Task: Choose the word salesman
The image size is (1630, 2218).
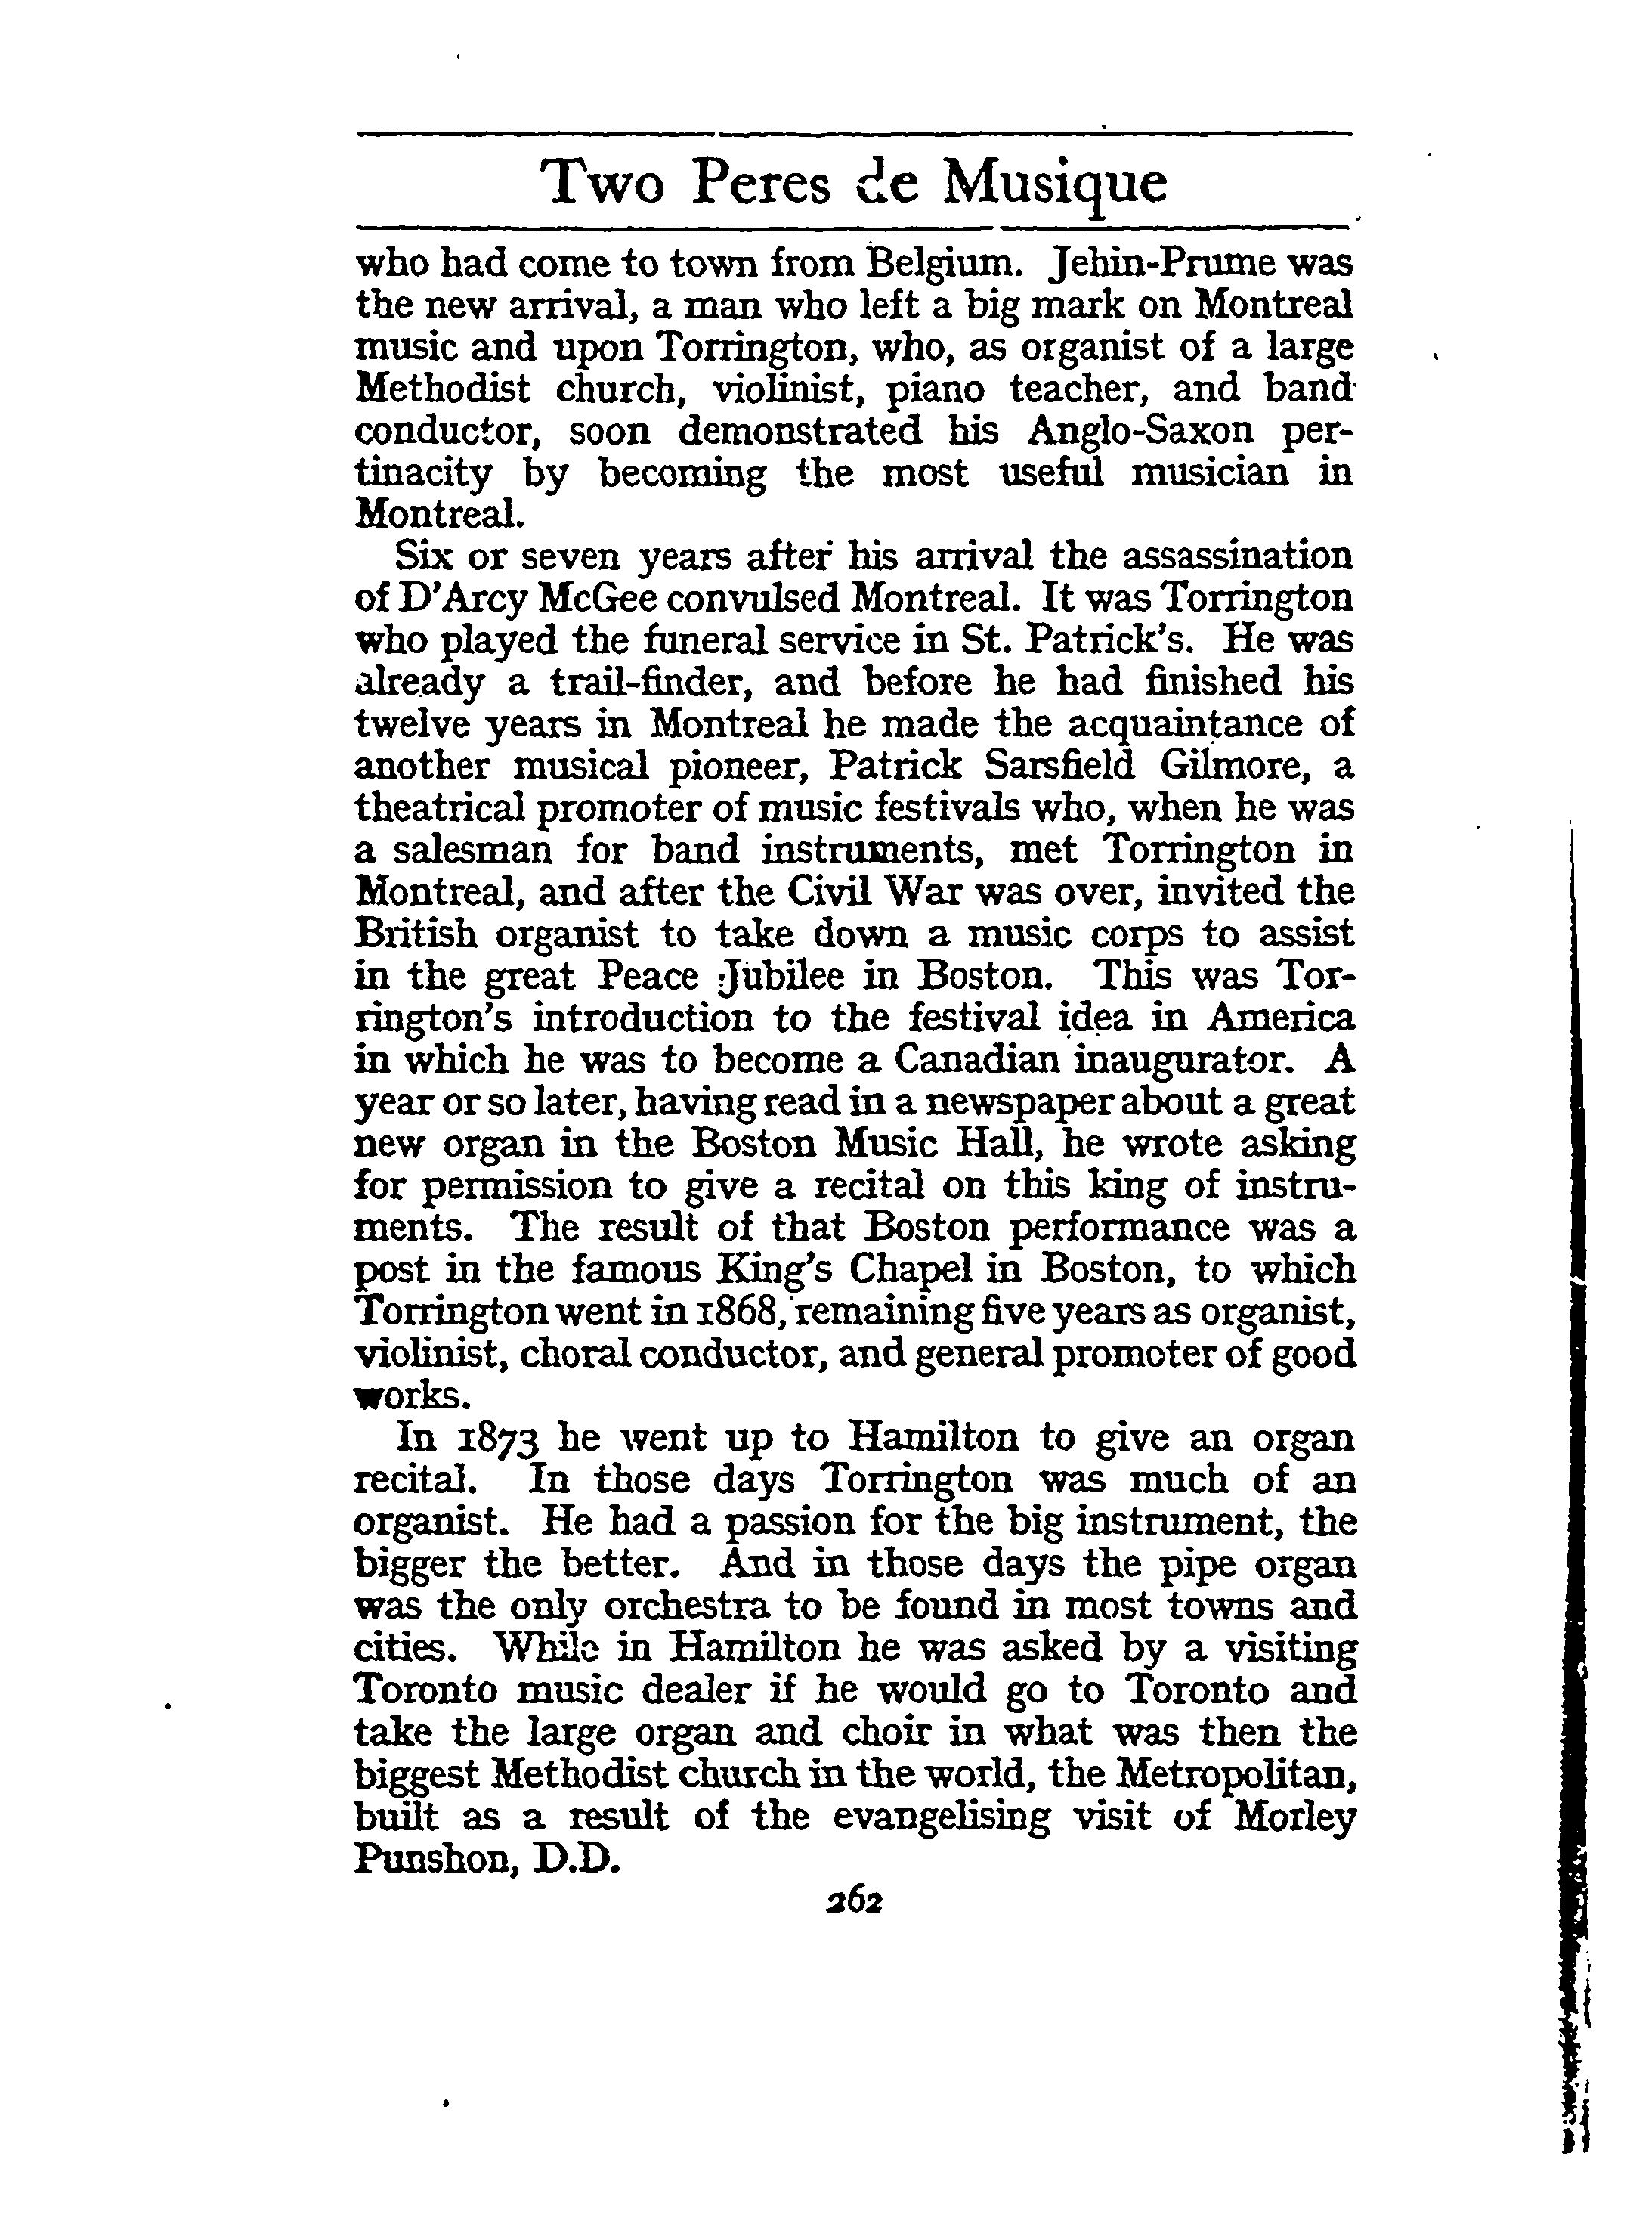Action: click(468, 850)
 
